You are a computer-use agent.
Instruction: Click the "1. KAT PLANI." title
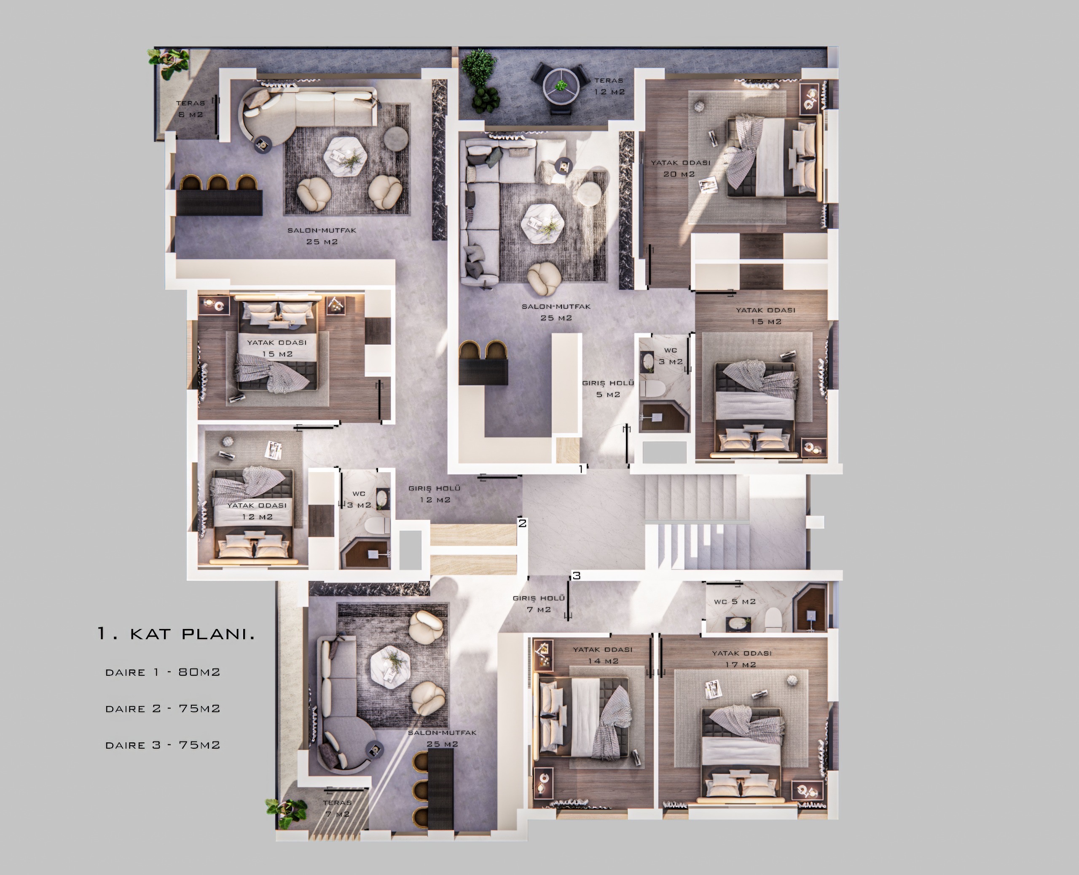point(176,634)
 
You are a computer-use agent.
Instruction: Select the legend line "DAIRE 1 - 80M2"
point(163,672)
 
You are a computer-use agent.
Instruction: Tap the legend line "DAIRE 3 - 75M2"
point(163,745)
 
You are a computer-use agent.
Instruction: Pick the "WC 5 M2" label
point(735,601)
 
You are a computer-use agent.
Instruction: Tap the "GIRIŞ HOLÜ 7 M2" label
point(539,604)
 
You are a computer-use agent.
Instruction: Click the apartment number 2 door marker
point(522,523)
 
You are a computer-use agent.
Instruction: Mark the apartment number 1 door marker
point(580,469)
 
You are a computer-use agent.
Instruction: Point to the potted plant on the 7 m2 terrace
point(286,808)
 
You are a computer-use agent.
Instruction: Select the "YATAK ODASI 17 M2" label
point(741,659)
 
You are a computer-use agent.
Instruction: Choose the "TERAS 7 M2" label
point(337,808)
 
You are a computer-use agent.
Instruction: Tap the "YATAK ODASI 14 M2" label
point(603,655)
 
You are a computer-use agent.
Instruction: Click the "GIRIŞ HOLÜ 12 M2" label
point(434,494)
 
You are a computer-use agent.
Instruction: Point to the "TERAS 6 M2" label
point(191,109)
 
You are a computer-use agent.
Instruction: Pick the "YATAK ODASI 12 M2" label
point(257,511)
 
